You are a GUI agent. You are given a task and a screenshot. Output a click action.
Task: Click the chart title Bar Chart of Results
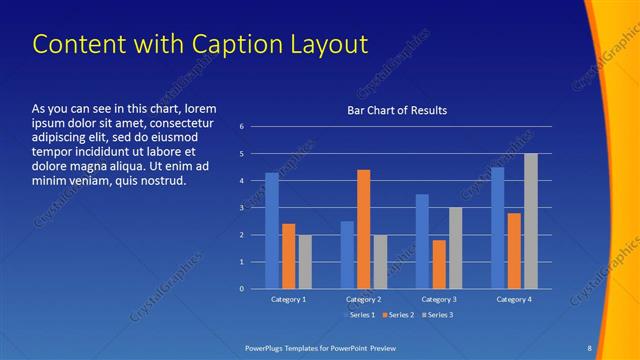[x=397, y=110]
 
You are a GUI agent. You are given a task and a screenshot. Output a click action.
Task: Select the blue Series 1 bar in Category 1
[x=272, y=231]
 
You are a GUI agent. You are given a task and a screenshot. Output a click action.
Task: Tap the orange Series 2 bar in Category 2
[x=363, y=229]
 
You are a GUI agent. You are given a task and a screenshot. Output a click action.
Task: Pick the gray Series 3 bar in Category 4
[x=531, y=221]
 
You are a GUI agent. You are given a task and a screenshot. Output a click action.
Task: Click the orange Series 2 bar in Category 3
[x=439, y=264]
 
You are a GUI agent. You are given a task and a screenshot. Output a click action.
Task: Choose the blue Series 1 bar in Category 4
[x=497, y=228]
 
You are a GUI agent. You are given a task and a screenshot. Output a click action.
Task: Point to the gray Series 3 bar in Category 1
[x=305, y=261]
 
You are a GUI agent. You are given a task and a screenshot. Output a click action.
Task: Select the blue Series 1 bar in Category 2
[x=347, y=255]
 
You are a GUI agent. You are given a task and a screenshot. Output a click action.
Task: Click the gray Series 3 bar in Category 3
[x=455, y=248]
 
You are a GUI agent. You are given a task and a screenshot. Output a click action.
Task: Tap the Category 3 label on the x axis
[x=439, y=299]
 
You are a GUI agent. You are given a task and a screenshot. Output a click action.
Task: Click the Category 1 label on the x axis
[x=289, y=299]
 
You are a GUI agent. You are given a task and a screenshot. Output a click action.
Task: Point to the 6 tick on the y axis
[x=241, y=127]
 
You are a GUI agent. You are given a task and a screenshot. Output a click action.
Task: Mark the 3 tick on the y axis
[x=241, y=208]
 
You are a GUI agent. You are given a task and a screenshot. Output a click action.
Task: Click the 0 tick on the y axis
[x=241, y=289]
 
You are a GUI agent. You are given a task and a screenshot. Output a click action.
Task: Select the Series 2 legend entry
[x=398, y=315]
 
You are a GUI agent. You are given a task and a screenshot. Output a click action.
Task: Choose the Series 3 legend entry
[x=437, y=315]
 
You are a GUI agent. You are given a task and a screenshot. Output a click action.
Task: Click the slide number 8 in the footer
[x=589, y=347]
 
